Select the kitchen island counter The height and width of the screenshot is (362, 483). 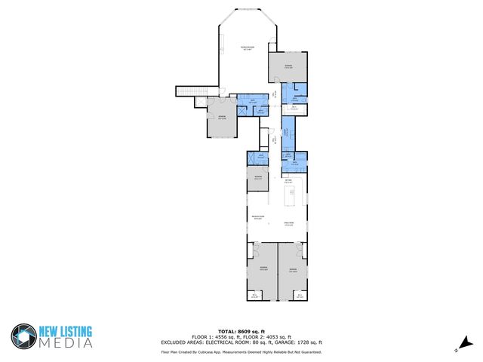coord(289,198)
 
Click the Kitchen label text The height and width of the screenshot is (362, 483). coord(288,181)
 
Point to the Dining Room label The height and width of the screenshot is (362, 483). coord(288,223)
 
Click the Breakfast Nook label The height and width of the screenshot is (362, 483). coord(258,218)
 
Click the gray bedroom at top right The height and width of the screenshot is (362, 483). coord(288,66)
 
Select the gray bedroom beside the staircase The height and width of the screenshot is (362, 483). coord(222,118)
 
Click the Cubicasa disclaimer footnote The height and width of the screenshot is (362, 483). coord(241,351)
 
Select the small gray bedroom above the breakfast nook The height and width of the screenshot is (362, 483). coord(258,179)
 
